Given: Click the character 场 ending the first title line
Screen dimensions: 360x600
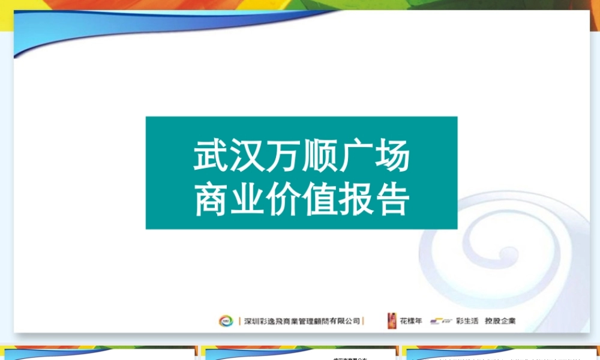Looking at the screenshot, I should [391, 157].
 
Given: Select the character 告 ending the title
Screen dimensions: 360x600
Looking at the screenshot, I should [391, 199].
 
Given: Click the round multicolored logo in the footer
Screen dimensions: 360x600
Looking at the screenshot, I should [225, 321].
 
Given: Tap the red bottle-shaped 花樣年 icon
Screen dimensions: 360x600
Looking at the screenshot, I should [392, 320].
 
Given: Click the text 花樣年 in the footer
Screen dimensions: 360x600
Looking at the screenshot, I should [411, 321].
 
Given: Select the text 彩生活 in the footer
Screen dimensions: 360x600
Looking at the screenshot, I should [467, 321].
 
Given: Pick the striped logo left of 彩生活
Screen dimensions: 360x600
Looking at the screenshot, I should [441, 321].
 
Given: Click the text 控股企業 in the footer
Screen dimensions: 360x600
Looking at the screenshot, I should [500, 321].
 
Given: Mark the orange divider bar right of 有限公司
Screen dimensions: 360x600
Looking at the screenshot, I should [365, 321].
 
